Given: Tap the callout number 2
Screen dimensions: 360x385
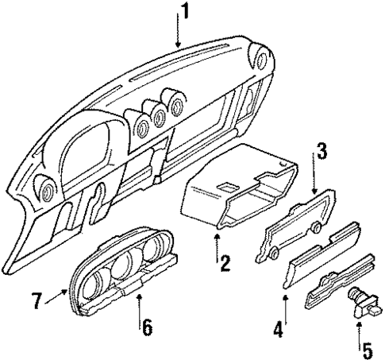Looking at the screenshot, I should click(225, 261).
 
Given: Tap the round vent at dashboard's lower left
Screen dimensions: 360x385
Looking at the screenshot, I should click(45, 188).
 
